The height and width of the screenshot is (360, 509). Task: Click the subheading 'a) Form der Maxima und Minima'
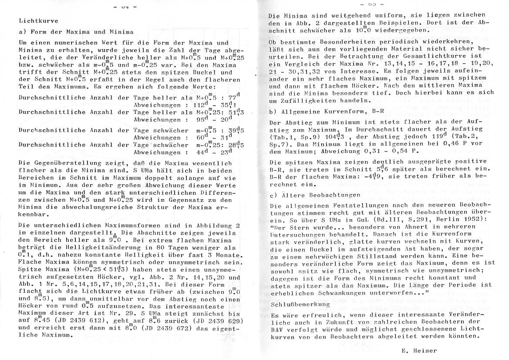[x=76, y=32]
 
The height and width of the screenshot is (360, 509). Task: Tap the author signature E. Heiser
[x=418, y=350]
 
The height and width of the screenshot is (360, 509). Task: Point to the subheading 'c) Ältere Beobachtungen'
[x=315, y=195]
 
